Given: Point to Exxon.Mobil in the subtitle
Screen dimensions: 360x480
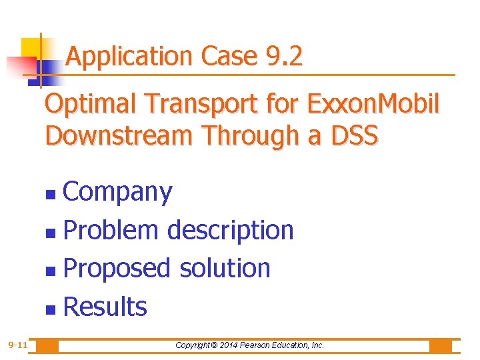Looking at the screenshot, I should tap(373, 105).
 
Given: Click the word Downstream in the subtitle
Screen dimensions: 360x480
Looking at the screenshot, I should tap(119, 135).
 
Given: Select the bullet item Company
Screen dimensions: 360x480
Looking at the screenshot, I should tap(117, 193).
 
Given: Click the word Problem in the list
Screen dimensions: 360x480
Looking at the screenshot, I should tap(111, 231).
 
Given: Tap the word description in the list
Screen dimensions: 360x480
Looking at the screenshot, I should tap(230, 231).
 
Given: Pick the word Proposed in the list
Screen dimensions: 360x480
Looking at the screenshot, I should tap(117, 269).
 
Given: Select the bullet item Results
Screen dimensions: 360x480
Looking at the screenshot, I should tap(105, 307).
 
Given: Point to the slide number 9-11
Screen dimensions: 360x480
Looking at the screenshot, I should tap(17, 345).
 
